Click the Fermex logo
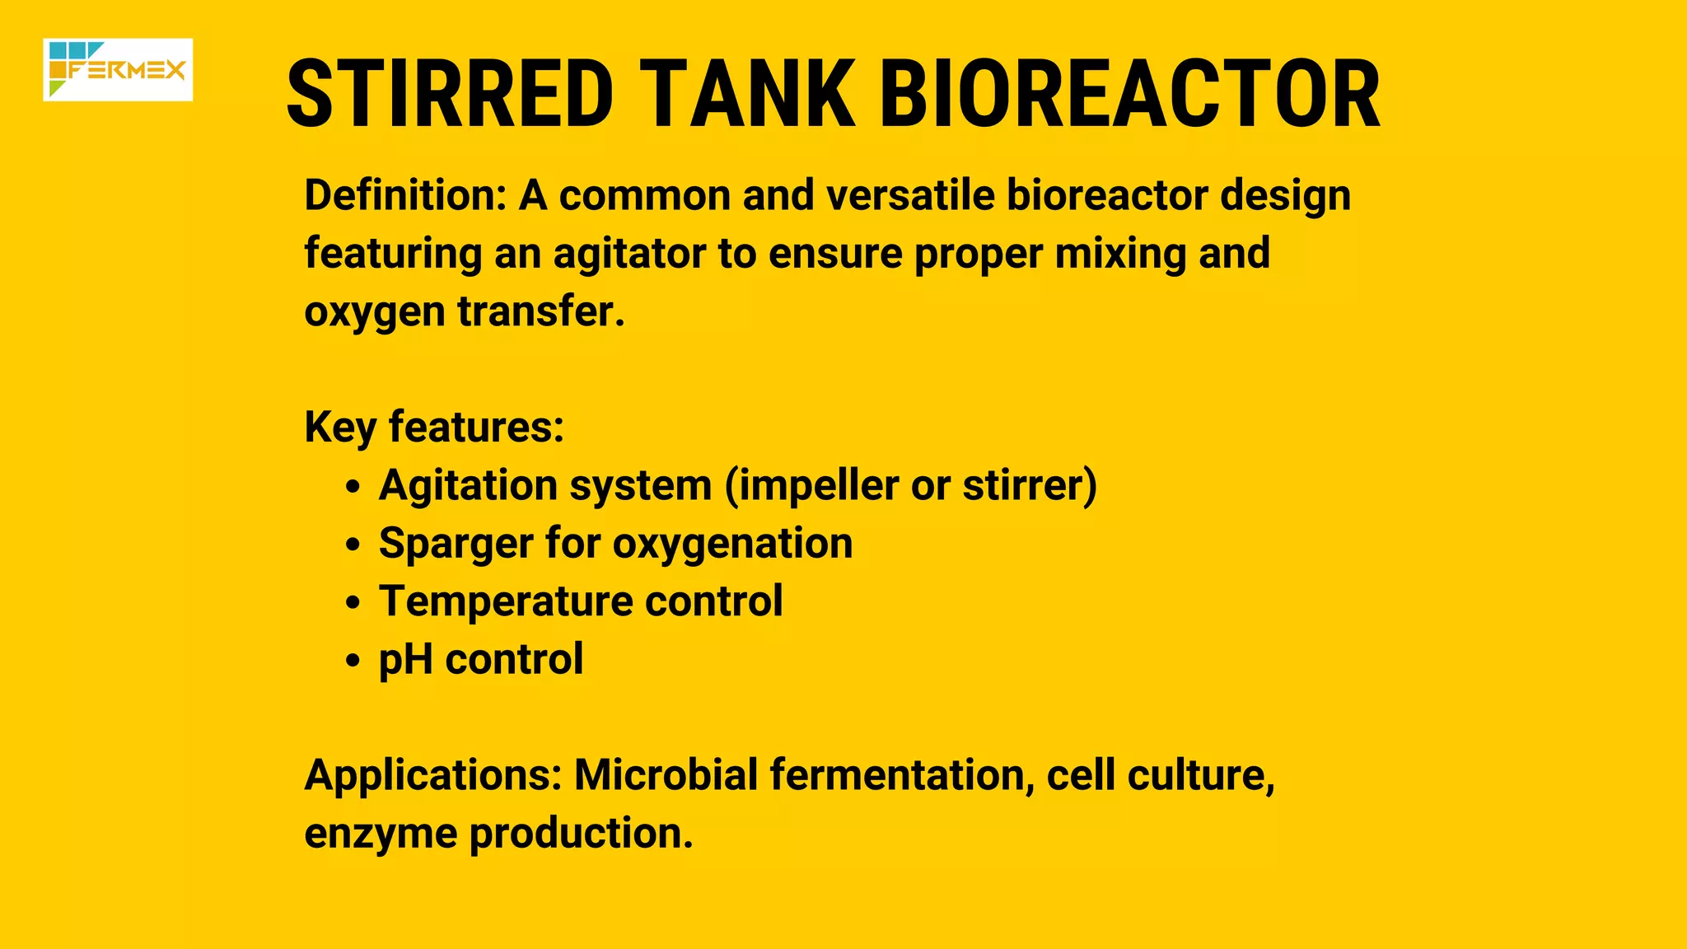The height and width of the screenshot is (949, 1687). [118, 70]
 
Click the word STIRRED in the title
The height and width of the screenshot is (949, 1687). [450, 94]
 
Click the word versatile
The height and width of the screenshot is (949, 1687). [910, 196]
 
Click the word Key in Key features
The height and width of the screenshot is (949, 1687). [340, 428]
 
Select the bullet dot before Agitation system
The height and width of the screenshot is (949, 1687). [353, 487]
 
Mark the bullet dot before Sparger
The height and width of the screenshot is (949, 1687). [353, 545]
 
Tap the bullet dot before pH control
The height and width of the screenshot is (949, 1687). [353, 661]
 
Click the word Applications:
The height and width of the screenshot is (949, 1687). [433, 776]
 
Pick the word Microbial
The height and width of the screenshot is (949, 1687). [666, 776]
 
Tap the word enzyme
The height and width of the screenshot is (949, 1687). [381, 834]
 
